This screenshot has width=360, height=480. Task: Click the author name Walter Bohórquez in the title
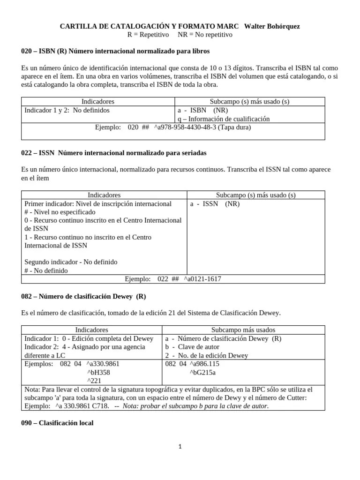(273, 26)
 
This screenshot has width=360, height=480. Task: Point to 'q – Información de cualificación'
(224, 119)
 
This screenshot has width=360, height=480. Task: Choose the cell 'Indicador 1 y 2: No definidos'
(67, 111)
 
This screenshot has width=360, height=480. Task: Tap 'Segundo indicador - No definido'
(71, 262)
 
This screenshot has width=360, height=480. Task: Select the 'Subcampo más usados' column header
(243, 330)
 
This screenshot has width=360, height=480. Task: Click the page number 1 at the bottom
(180, 447)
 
